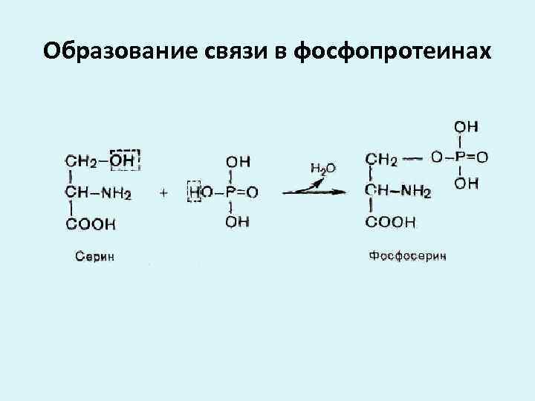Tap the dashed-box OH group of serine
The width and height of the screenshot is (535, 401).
coord(125,160)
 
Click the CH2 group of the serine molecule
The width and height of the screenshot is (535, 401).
coord(81,160)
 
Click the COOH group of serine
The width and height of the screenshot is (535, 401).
coord(91,223)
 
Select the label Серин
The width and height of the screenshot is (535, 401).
coord(96,256)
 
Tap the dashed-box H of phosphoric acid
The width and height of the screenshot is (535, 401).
coord(195,192)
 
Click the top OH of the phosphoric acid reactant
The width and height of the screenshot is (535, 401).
coord(238,160)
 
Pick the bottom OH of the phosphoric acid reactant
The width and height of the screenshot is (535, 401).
coord(238,222)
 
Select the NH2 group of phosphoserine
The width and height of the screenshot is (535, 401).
coord(417,192)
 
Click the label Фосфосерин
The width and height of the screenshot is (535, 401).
coord(408,256)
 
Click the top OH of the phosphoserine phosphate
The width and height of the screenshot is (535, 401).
coord(466,125)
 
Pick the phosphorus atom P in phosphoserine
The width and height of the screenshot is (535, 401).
coord(461,157)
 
